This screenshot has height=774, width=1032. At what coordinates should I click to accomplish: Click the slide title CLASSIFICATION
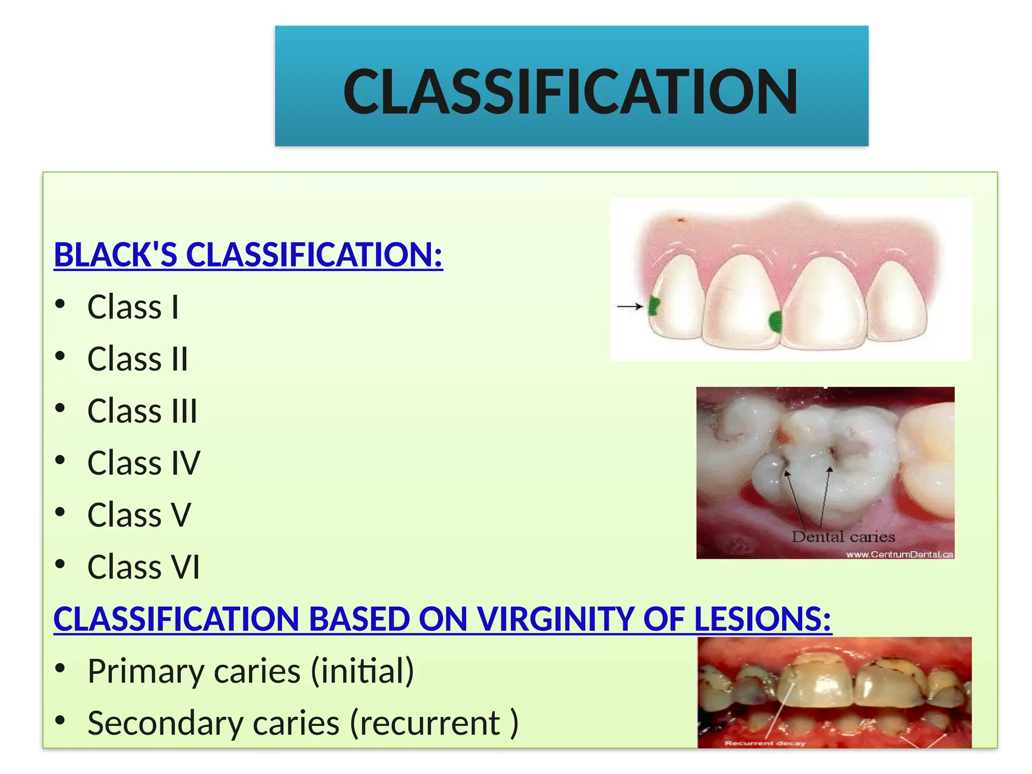[x=570, y=92]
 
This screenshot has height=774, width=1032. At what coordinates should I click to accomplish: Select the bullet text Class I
[x=133, y=307]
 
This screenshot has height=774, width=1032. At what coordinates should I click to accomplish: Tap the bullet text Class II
[x=138, y=359]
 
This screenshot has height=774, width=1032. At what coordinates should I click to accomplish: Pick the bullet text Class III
[x=142, y=411]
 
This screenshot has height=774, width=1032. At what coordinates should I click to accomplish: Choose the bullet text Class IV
[x=144, y=463]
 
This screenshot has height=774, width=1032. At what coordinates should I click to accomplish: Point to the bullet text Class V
[x=139, y=515]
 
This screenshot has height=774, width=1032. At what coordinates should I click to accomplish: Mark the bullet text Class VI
[x=144, y=567]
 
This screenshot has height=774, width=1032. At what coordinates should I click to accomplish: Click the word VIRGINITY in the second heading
[x=555, y=619]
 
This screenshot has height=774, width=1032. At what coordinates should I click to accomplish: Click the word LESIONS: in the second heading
[x=762, y=619]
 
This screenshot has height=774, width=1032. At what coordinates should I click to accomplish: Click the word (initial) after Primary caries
[x=362, y=671]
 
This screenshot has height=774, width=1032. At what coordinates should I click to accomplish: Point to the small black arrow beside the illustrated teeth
[x=630, y=306]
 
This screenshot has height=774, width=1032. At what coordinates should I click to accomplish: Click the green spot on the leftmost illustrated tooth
[x=654, y=306]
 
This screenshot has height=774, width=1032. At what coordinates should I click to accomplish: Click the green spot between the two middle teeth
[x=776, y=321]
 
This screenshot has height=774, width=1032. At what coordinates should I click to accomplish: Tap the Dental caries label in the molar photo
[x=843, y=537]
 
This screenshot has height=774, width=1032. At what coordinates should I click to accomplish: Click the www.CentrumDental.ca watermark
[x=899, y=554]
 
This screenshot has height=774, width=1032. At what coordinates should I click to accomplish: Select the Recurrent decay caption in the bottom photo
[x=764, y=743]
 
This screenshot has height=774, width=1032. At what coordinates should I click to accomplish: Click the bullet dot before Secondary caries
[x=60, y=721]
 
